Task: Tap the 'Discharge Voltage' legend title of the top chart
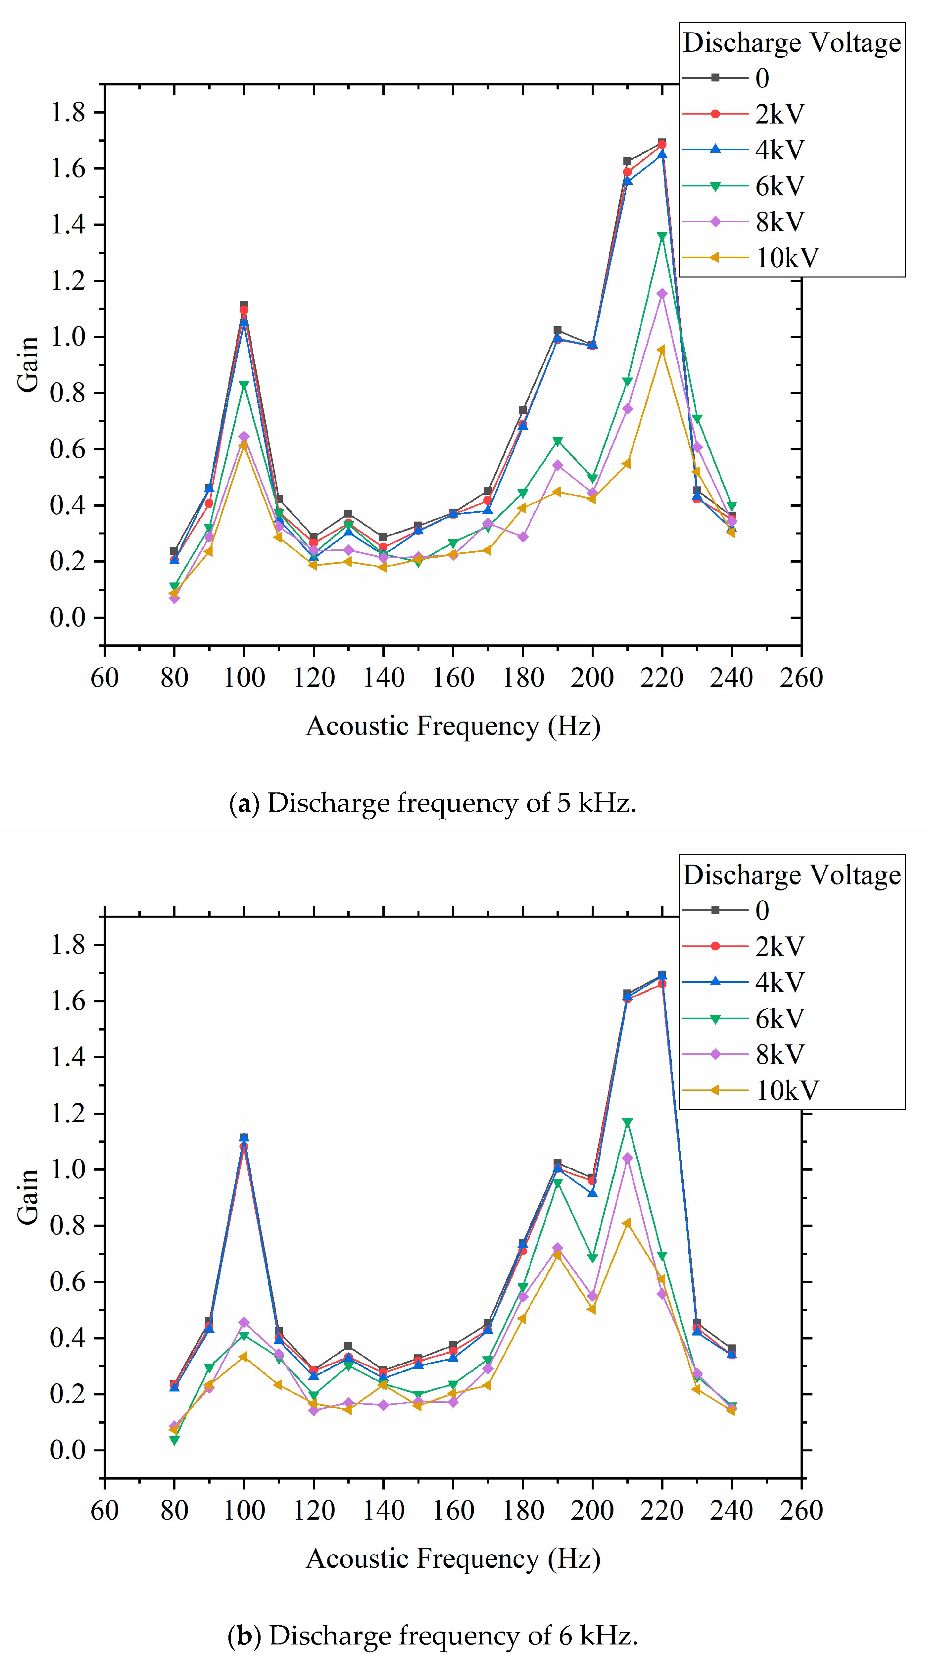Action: point(792,43)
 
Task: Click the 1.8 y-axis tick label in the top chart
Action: point(68,113)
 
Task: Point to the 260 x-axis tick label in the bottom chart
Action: point(801,1511)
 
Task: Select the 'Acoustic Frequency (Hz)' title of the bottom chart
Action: point(453,1558)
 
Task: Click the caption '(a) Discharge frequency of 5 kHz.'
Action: point(432,803)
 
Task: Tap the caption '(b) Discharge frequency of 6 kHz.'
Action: point(432,1635)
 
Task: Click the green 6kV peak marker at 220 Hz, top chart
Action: point(662,236)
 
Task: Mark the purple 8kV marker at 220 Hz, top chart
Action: point(662,293)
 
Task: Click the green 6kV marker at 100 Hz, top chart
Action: point(244,385)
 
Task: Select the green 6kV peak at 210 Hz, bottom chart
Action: point(627,1123)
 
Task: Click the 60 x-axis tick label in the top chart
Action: point(105,678)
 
